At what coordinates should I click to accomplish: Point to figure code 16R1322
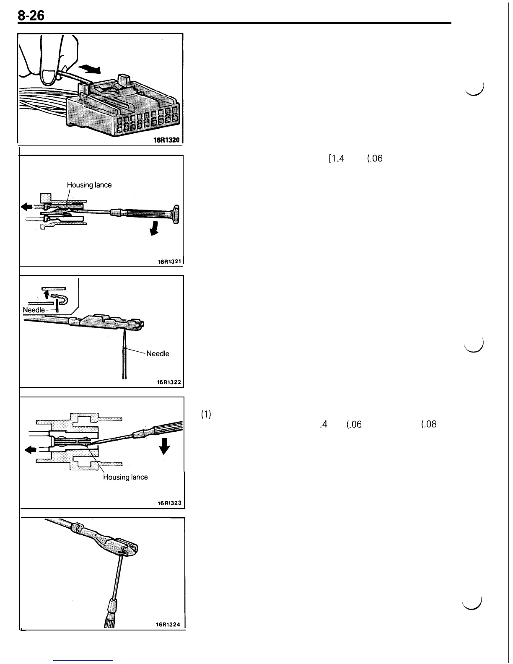168,382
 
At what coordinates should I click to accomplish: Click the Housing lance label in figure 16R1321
89,185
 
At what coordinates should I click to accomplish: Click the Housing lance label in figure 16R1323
125,477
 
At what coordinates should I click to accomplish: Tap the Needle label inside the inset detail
34,310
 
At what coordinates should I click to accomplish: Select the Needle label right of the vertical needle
158,354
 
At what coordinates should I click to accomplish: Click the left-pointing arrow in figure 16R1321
27,206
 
